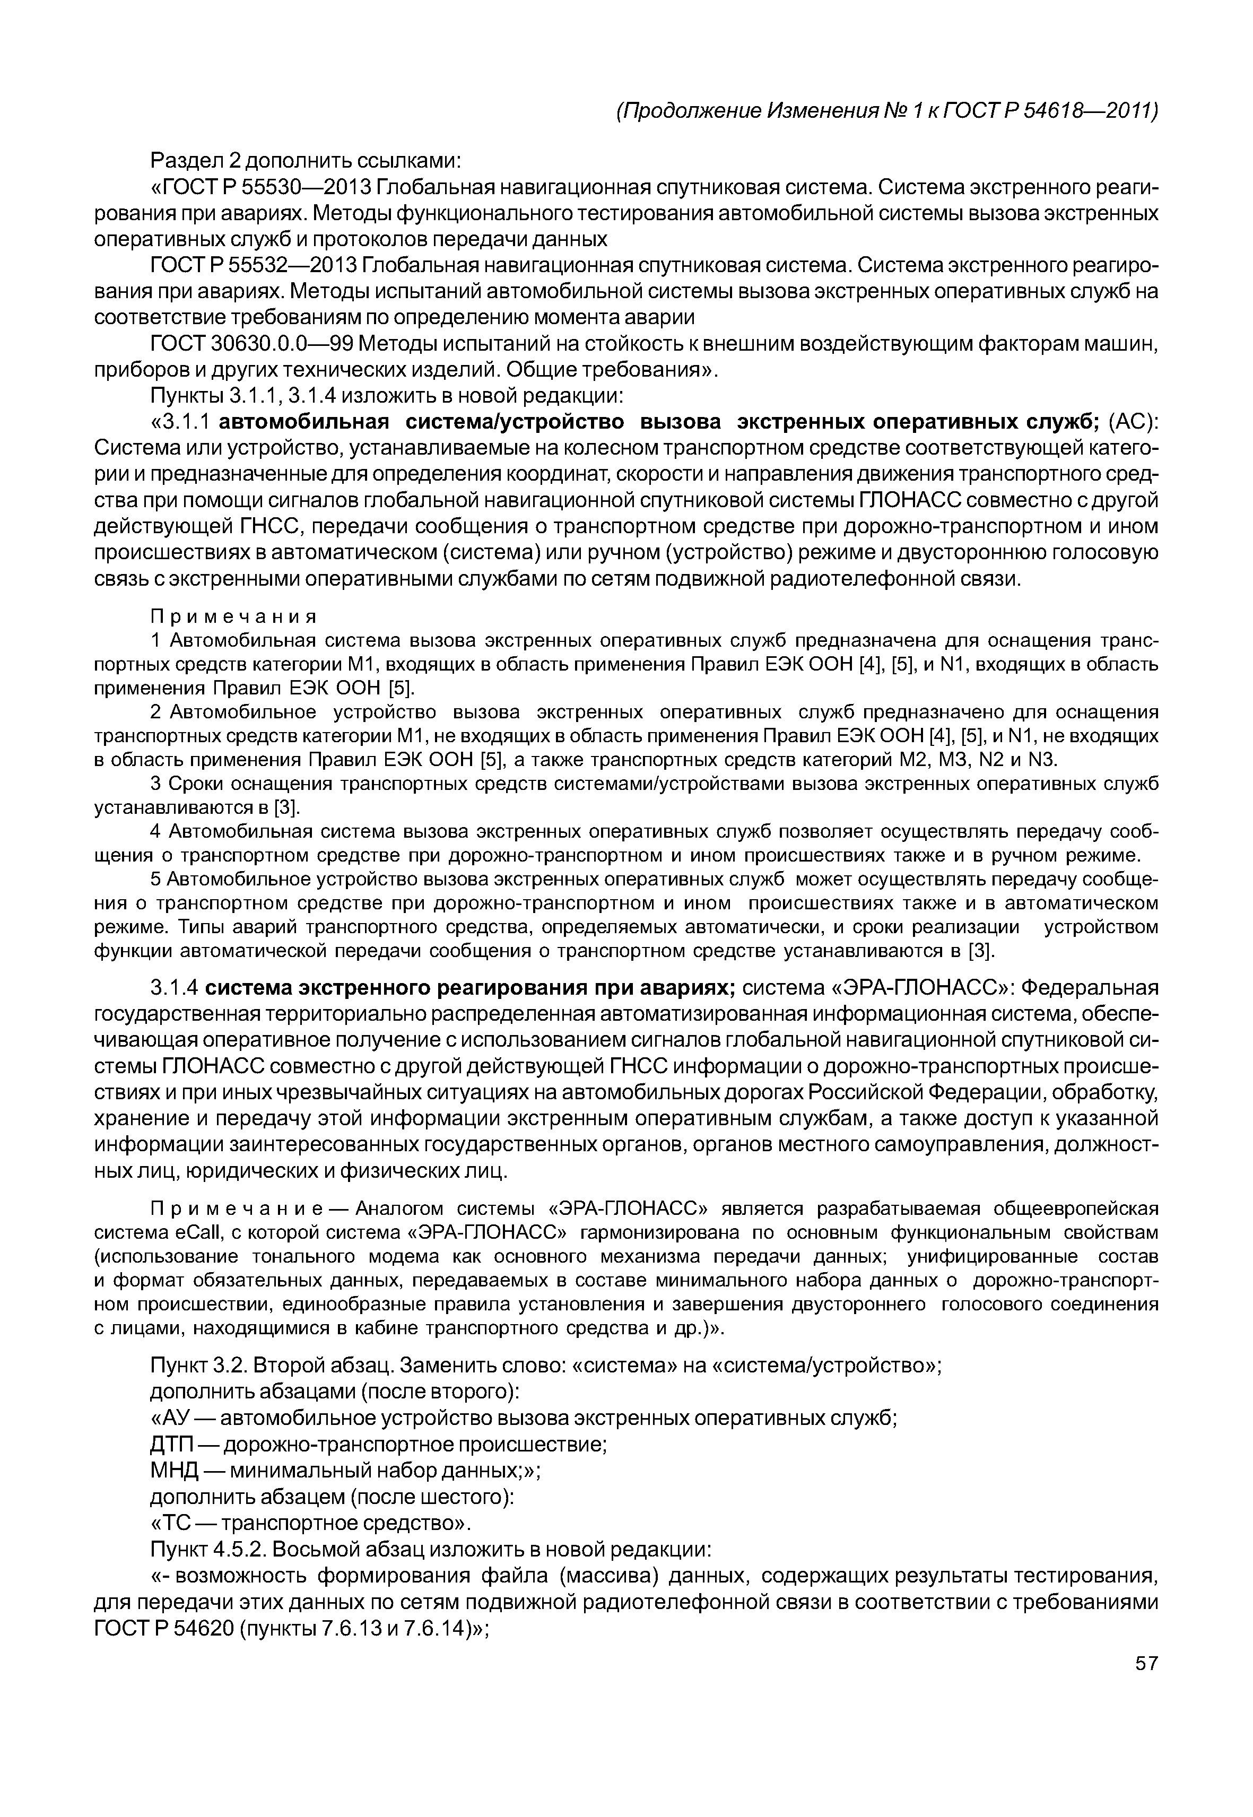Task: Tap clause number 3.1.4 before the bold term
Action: coord(177,987)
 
